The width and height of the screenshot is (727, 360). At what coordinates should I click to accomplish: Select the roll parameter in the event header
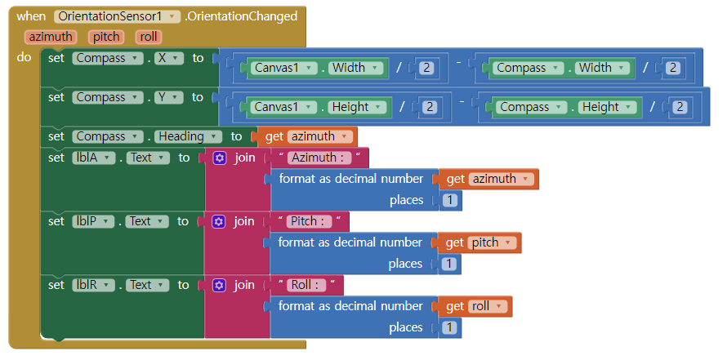click(x=149, y=37)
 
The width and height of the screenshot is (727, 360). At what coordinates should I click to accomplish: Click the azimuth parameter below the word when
click(x=51, y=37)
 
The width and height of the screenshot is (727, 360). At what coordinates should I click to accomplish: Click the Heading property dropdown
click(x=189, y=136)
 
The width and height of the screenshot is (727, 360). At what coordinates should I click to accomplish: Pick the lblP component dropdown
click(x=95, y=221)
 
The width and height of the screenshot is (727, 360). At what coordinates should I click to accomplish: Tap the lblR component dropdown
click(x=95, y=285)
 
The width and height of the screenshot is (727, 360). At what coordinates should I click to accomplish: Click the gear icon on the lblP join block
click(x=219, y=221)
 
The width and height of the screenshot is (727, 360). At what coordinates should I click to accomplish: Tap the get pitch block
click(x=480, y=242)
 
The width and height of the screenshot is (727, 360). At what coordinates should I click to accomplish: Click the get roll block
click(x=477, y=306)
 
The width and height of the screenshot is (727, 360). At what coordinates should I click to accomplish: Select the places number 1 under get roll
click(x=449, y=327)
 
